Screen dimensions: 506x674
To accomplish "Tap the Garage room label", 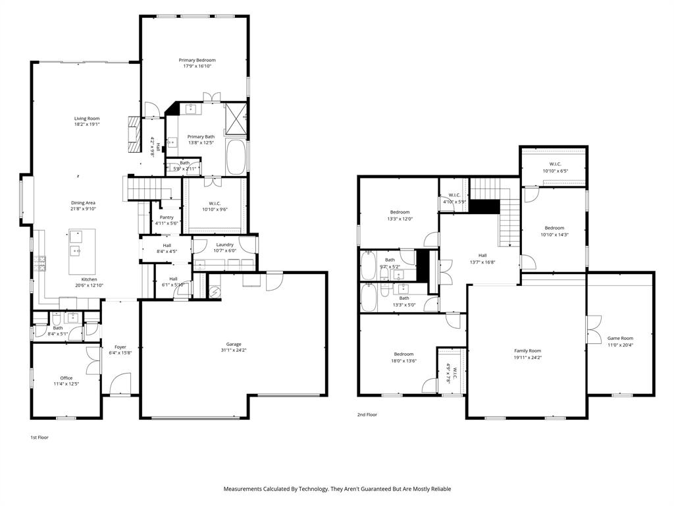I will [234, 344].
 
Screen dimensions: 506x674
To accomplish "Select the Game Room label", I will [619, 338].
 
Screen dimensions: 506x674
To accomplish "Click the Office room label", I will [66, 378].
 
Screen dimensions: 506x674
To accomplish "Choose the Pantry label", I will [167, 217].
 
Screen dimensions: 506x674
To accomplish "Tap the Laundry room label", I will [225, 244].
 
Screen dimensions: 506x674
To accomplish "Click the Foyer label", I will [120, 347].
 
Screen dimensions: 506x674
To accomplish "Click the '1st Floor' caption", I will [39, 437].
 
